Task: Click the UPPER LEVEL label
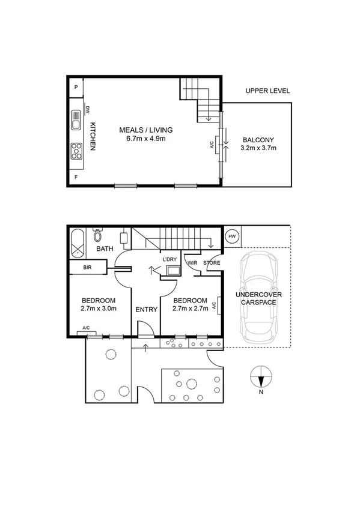267,91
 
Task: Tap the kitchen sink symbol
76,120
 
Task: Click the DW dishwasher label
88,110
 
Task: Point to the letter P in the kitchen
76,88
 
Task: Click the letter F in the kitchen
76,178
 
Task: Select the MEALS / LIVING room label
145,130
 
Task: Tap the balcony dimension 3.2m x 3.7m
258,148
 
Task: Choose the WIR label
193,262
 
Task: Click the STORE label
212,262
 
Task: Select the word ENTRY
146,310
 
